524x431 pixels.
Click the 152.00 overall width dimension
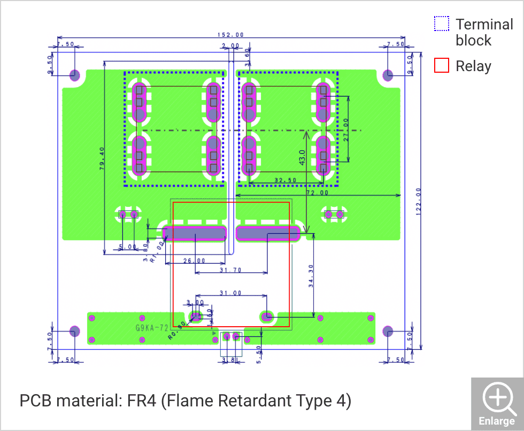(x=230, y=35)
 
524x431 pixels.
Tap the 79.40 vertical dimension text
(x=102, y=158)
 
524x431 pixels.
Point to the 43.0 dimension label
(x=302, y=158)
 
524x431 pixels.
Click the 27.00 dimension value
(x=346, y=129)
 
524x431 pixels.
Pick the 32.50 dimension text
(x=285, y=181)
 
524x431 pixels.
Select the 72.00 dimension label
(x=317, y=193)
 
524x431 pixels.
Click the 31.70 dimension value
(x=231, y=271)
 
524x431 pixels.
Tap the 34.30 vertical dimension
(x=312, y=275)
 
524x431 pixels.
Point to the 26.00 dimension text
(x=194, y=261)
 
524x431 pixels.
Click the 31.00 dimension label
(x=230, y=293)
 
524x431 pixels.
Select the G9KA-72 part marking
(x=152, y=327)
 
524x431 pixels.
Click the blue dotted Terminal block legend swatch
(x=441, y=24)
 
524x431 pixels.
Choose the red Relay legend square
(x=441, y=66)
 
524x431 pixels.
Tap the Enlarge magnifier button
(x=497, y=404)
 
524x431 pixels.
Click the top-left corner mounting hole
(x=74, y=74)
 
